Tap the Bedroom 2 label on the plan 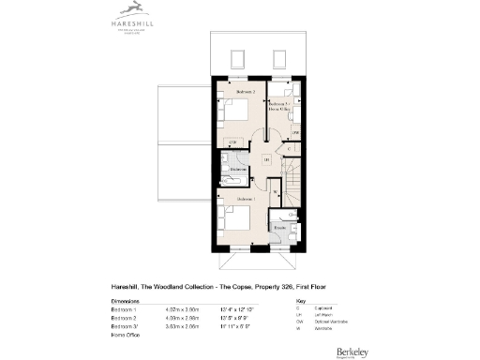tap(245, 92)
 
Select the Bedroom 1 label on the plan tap(245, 200)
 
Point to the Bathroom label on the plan tap(238, 170)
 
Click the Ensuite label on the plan tap(279, 228)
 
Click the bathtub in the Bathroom tap(232, 178)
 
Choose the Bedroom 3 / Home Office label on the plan tap(280, 107)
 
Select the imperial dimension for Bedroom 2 tap(233, 318)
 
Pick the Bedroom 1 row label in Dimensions tap(124, 309)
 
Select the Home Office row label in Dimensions tap(126, 335)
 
